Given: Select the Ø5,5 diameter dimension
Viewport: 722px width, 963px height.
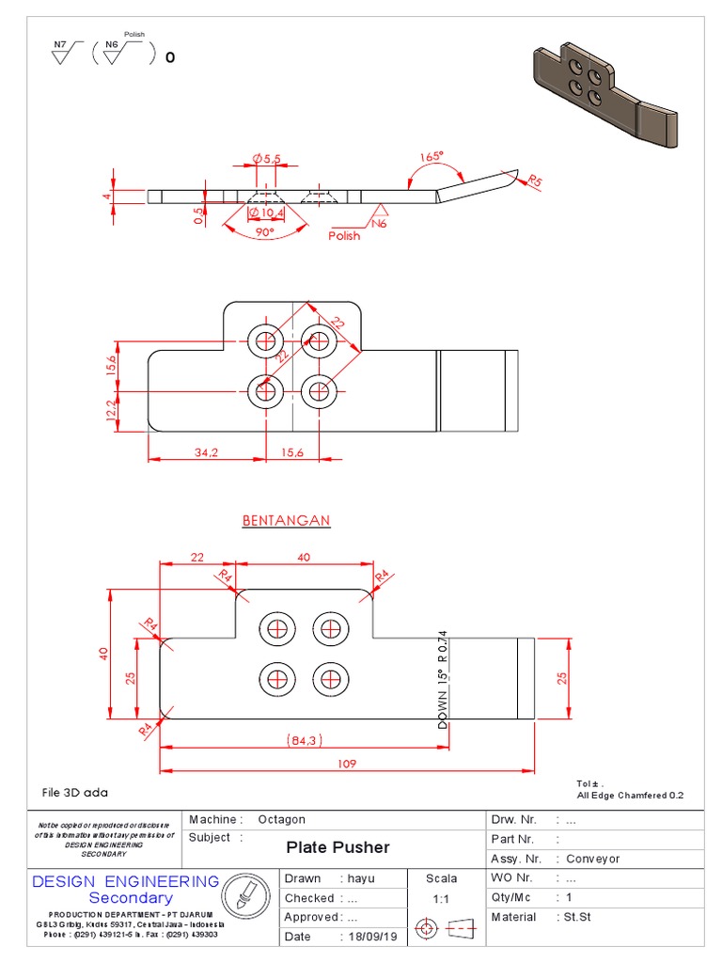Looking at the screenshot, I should [265, 159].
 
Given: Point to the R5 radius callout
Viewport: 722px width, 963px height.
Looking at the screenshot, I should [535, 180].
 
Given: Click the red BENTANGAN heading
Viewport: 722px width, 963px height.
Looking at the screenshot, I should [286, 520].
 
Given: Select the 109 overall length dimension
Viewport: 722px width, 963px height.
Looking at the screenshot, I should [347, 764].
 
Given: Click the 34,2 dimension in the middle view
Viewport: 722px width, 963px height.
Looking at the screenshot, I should [206, 452].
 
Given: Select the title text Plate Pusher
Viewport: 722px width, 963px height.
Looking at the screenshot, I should [337, 847].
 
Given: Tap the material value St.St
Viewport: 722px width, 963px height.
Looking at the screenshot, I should [578, 917].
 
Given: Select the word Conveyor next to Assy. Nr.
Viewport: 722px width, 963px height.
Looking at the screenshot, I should [592, 859].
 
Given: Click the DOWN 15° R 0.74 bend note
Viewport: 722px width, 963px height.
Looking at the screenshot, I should [443, 679].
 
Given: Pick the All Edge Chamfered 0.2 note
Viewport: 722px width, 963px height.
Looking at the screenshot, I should [629, 796].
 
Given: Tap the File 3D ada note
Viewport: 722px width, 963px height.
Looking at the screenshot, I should [75, 793].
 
